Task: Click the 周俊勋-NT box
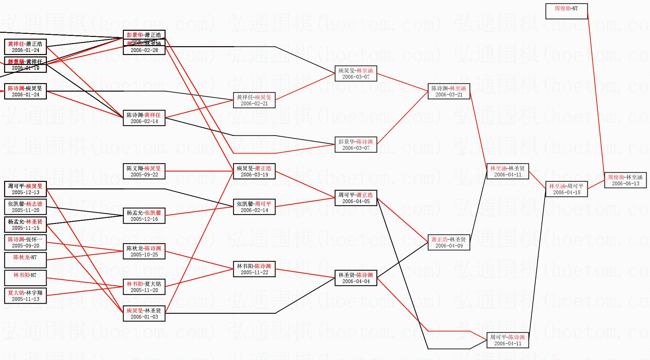566,11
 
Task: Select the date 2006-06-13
625,184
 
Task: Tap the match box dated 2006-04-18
566,189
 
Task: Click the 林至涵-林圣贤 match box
507,171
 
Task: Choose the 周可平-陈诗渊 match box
507,340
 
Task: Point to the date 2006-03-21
449,95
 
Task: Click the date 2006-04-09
449,246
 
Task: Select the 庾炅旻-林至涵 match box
356,74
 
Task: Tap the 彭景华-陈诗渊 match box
356,145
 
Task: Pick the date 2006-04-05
356,201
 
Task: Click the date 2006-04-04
356,281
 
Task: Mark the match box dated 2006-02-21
254,100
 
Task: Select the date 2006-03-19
254,175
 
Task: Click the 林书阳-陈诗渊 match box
254,269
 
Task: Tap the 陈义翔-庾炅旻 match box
144,171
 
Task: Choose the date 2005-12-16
144,219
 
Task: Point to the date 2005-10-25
144,255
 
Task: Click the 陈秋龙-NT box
25,260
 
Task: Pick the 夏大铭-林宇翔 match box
25,296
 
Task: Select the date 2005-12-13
25,192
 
